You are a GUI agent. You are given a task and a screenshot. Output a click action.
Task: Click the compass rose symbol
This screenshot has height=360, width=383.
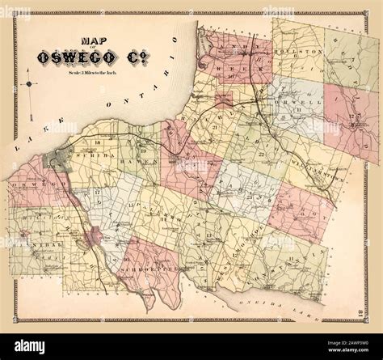pyautogui.click(x=29, y=84)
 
